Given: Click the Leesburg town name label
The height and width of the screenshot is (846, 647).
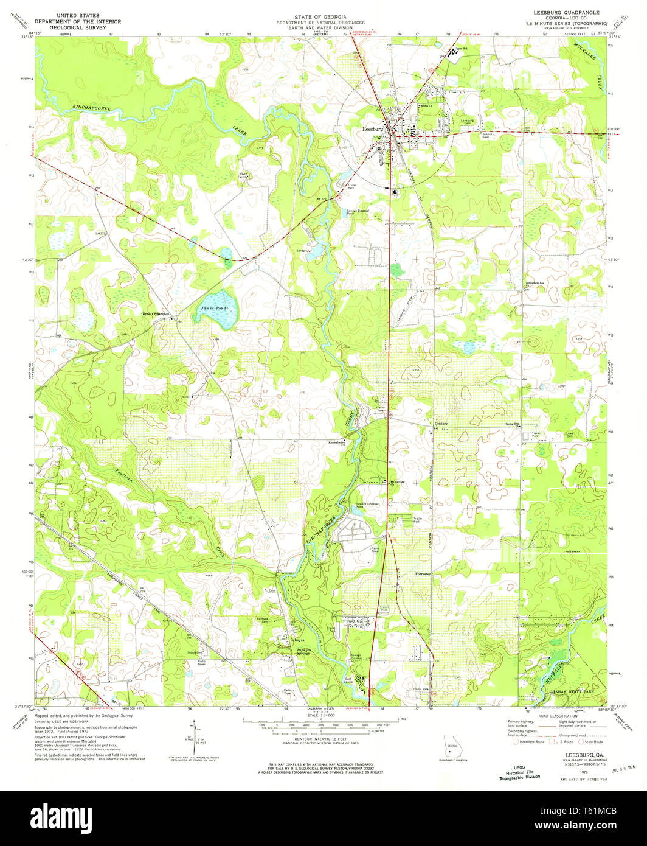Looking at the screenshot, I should (372, 129).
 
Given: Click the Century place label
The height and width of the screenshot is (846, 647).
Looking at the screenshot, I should (441, 424).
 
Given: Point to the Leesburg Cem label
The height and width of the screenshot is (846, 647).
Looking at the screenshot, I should (467, 121).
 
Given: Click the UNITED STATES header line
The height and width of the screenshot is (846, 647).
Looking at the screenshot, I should (78, 15).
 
